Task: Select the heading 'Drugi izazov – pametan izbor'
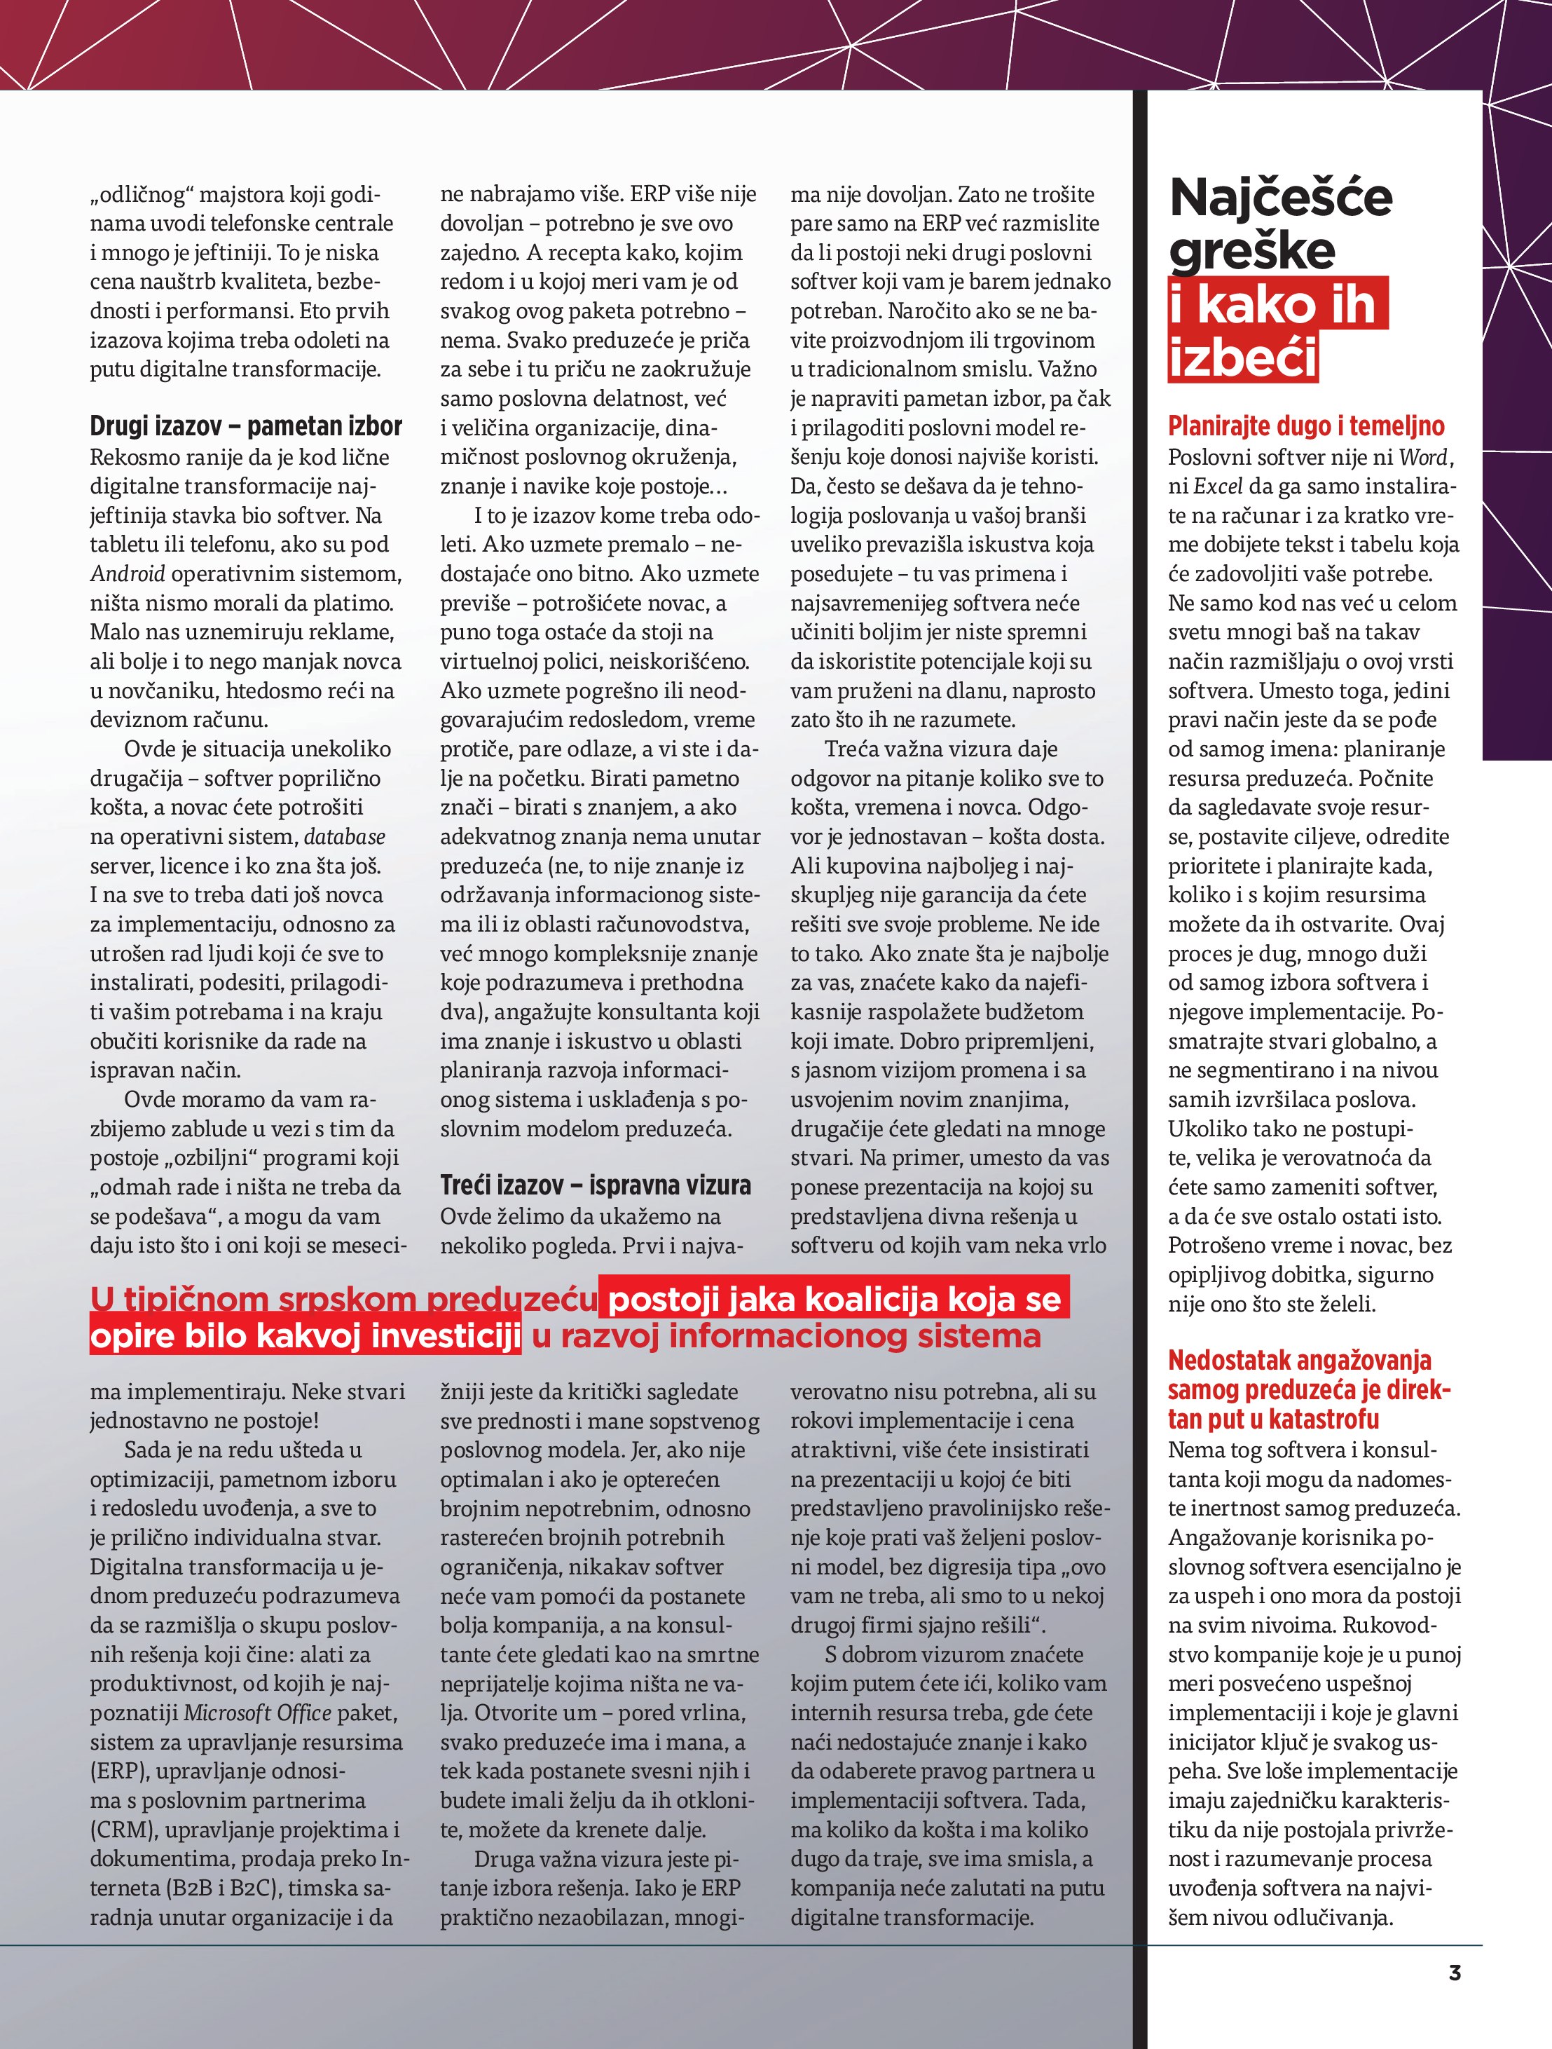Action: coord(245,426)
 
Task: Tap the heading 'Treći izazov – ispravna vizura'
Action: coord(596,1185)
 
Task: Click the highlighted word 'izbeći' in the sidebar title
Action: coord(1242,358)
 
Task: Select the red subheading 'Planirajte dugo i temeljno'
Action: coord(1305,426)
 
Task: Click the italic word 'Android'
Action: coord(127,574)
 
